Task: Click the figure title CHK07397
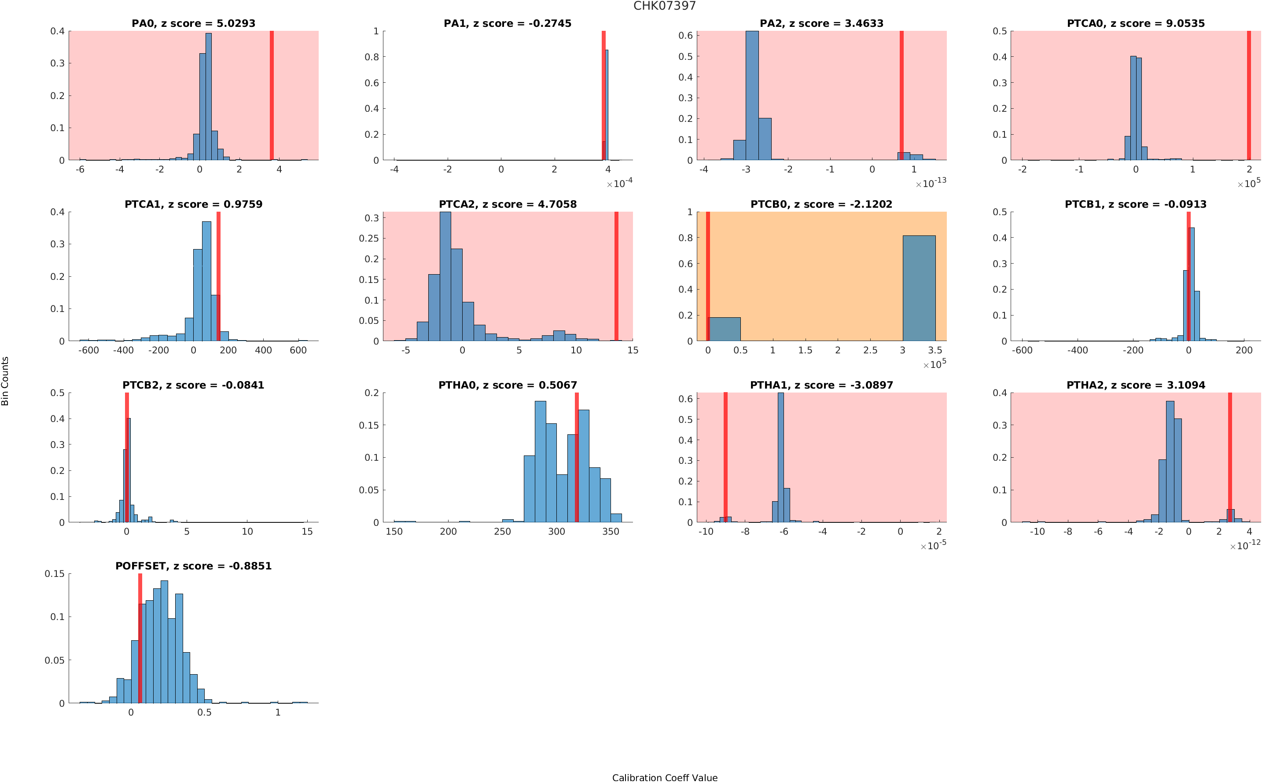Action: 664,6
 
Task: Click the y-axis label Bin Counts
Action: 5,381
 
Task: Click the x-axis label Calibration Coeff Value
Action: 664,777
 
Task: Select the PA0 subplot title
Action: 193,23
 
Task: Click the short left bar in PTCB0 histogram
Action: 724,328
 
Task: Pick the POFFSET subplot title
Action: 193,566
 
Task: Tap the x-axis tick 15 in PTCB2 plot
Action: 307,531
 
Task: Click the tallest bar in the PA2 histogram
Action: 752,95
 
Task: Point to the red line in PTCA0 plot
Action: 1248,95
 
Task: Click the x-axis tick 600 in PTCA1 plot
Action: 298,350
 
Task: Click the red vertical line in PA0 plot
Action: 272,95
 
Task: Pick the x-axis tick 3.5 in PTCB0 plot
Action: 935,350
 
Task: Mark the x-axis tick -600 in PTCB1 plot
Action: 1022,350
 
